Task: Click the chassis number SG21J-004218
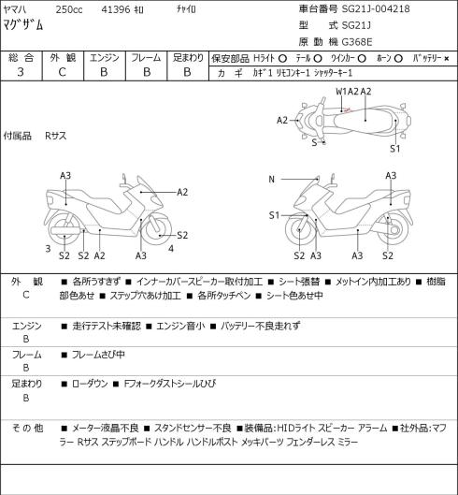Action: point(376,8)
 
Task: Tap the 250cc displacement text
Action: point(69,9)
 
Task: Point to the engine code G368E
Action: point(357,42)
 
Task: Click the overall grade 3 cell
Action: point(21,72)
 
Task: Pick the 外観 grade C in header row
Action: point(62,72)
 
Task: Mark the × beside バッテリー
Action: point(447,59)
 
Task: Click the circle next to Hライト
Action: point(282,58)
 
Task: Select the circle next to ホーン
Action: point(398,58)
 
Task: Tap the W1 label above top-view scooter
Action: point(341,92)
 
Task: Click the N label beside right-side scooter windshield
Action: point(272,180)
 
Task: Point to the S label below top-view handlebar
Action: point(314,142)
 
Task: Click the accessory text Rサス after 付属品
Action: point(56,136)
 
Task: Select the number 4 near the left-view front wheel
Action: point(171,249)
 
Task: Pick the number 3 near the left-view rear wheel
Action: point(48,249)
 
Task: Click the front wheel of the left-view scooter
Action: point(157,229)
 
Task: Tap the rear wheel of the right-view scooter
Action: point(394,229)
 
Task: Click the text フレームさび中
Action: point(98,355)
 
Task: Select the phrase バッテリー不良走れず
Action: point(260,326)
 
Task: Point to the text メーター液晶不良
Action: point(106,428)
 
